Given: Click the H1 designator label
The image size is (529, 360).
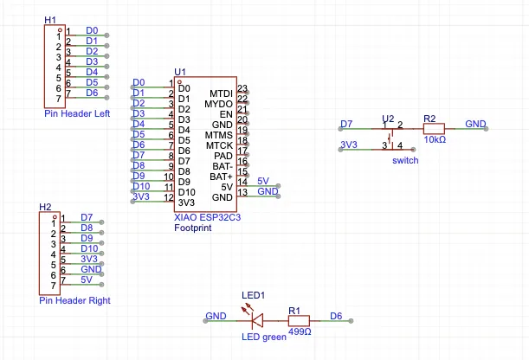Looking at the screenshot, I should click(x=50, y=19).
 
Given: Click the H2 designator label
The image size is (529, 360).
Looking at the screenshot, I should click(x=46, y=208).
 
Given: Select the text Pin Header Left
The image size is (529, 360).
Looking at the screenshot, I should click(x=77, y=113).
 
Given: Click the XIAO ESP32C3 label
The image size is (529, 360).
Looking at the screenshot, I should click(x=207, y=218).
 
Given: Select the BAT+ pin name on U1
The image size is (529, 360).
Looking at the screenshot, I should click(x=221, y=177).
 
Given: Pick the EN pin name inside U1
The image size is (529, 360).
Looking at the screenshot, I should click(x=226, y=113).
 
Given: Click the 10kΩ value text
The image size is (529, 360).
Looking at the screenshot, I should click(x=435, y=139).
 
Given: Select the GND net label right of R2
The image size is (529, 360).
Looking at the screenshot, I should click(x=475, y=124).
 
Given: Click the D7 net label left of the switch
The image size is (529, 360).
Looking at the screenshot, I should click(x=346, y=124).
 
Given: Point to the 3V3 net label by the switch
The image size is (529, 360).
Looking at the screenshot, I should click(x=349, y=144).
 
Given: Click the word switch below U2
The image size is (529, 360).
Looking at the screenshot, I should click(x=404, y=160).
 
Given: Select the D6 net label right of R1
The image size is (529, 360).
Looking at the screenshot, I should click(x=337, y=316).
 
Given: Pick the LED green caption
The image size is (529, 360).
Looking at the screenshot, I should click(x=263, y=337).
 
